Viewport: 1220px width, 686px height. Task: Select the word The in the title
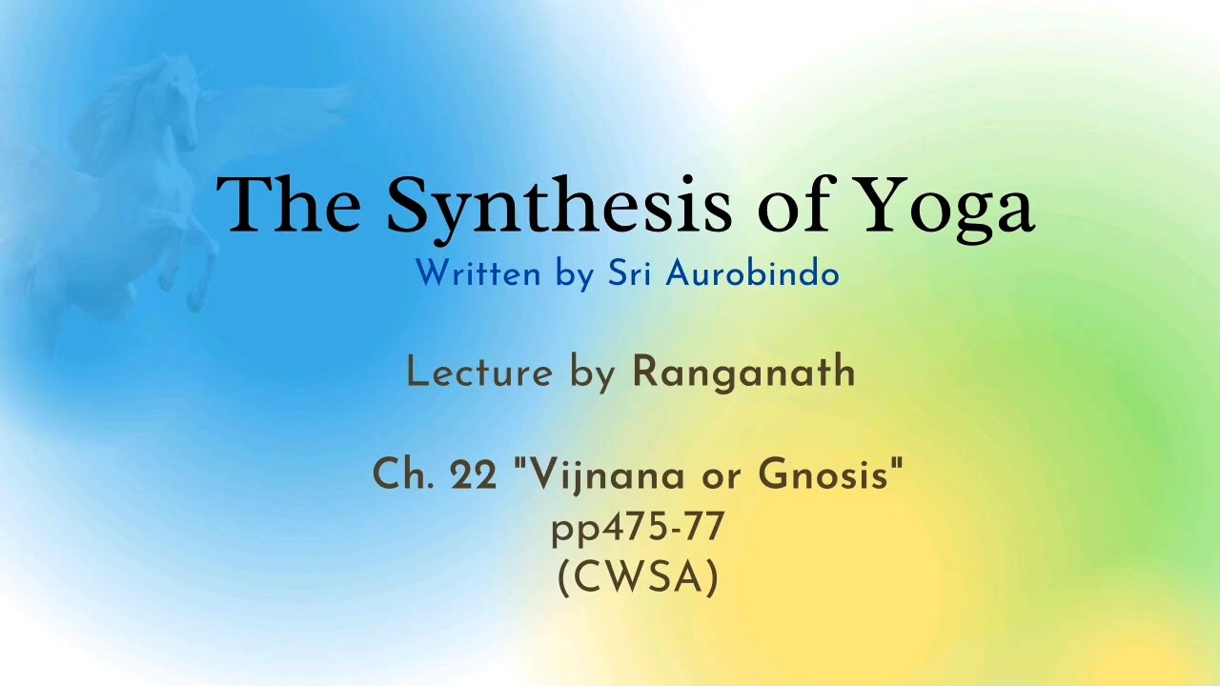click(289, 204)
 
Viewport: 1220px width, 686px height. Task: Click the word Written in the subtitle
click(478, 273)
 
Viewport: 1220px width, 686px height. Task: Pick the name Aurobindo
click(752, 272)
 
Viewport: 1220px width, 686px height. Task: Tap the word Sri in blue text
click(629, 272)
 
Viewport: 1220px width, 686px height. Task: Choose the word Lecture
click(479, 373)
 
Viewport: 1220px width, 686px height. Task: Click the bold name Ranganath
click(742, 374)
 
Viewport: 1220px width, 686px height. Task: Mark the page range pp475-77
click(638, 528)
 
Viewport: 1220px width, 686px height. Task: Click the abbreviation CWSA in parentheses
click(639, 577)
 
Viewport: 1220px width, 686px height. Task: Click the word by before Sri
click(574, 275)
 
